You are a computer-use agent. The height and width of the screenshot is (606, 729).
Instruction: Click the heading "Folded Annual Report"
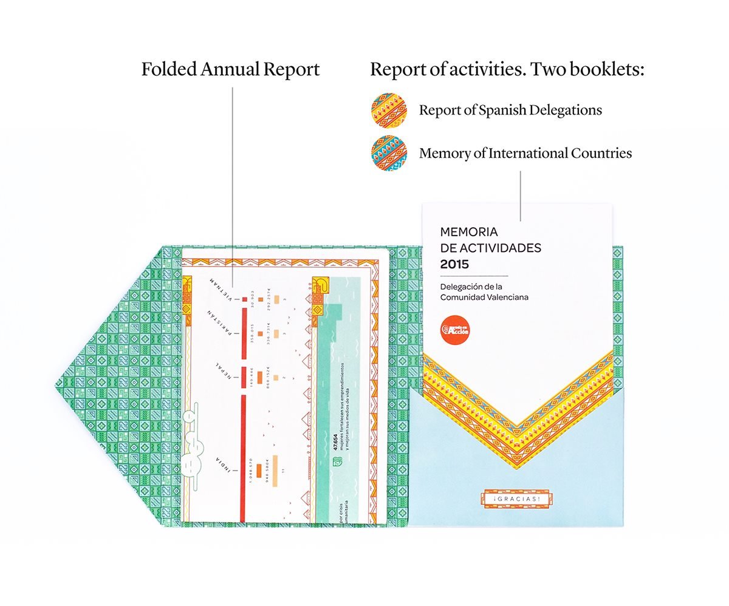(x=230, y=69)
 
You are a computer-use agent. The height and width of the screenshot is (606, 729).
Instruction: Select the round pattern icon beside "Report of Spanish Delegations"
(x=388, y=110)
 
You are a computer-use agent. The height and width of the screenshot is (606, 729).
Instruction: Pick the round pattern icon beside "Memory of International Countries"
(x=388, y=152)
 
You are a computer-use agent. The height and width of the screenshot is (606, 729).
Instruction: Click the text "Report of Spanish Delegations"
(x=510, y=110)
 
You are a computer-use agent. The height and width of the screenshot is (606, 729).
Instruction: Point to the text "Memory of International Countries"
(x=525, y=152)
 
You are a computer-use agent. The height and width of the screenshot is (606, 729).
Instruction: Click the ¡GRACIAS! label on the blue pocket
(x=516, y=498)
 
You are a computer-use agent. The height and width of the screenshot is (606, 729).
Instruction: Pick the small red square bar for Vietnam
(x=244, y=299)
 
